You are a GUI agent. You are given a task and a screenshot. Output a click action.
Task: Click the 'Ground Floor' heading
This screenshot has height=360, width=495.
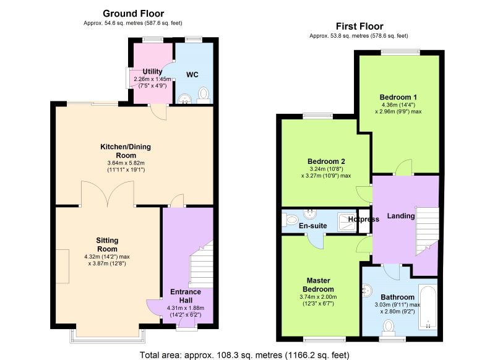point(133,14)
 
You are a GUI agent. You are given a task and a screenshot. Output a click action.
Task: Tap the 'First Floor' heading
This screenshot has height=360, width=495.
point(359,26)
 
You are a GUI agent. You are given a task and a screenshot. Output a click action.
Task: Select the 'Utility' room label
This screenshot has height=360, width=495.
point(152,72)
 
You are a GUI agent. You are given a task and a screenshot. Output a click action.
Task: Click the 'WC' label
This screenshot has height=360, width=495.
point(192,75)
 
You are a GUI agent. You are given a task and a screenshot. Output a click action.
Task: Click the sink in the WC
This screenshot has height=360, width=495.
point(184,99)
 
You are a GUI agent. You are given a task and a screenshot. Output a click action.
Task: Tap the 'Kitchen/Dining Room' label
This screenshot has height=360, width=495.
point(126,151)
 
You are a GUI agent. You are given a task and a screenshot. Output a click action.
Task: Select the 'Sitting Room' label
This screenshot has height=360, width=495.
point(107,244)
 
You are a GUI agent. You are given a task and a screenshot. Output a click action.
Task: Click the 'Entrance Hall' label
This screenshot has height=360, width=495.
point(186,296)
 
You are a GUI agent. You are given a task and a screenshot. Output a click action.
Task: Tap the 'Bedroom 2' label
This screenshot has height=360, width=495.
point(326,161)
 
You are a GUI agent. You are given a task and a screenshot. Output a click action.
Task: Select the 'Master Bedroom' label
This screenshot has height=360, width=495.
point(318,285)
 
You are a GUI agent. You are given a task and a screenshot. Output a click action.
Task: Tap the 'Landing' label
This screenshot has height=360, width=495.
point(401,216)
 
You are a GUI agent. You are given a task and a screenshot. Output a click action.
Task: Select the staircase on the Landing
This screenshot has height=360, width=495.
point(427,231)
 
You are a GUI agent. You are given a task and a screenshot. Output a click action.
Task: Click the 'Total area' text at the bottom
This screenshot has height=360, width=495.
point(244,355)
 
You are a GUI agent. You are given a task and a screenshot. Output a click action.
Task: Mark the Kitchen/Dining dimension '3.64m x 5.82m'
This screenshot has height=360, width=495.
point(126,163)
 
